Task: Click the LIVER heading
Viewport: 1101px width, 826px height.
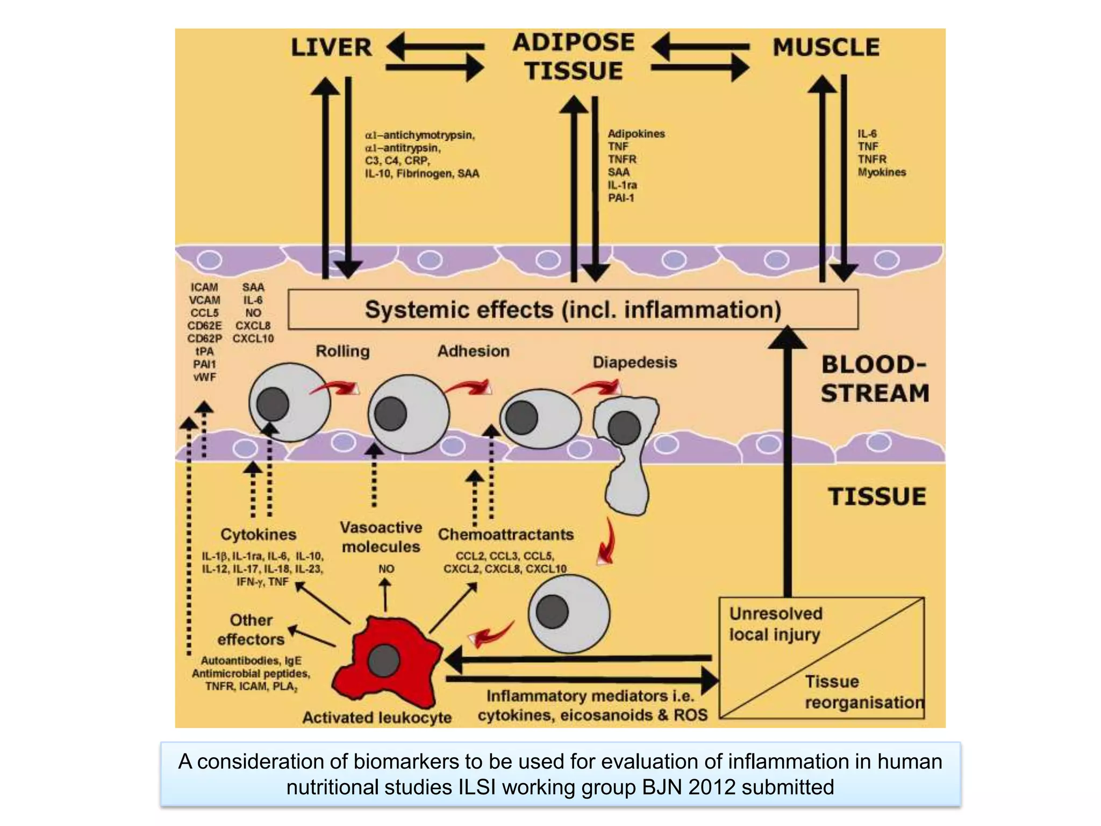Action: (x=331, y=47)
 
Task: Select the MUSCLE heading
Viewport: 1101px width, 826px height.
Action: (x=826, y=47)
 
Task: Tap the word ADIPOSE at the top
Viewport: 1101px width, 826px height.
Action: (x=573, y=42)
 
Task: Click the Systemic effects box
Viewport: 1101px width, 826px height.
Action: (x=573, y=310)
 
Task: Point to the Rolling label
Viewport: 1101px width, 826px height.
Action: (x=342, y=351)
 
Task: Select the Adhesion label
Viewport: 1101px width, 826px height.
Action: (x=473, y=351)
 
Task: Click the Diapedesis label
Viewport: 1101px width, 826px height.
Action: (x=634, y=362)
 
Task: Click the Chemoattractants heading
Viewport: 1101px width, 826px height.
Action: (x=505, y=535)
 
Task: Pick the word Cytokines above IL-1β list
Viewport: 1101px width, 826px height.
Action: (x=258, y=535)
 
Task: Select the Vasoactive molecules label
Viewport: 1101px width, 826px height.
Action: (x=381, y=537)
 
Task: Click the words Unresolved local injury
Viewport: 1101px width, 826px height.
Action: (x=775, y=624)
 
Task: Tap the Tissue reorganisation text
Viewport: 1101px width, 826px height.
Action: (x=863, y=692)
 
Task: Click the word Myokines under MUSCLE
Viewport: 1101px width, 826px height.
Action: (x=882, y=172)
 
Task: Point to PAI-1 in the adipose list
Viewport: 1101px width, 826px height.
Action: (x=621, y=198)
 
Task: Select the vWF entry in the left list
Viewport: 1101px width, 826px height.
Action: (x=204, y=377)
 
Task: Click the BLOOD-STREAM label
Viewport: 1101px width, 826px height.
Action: (x=875, y=379)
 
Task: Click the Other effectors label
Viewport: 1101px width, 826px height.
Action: (x=251, y=630)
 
